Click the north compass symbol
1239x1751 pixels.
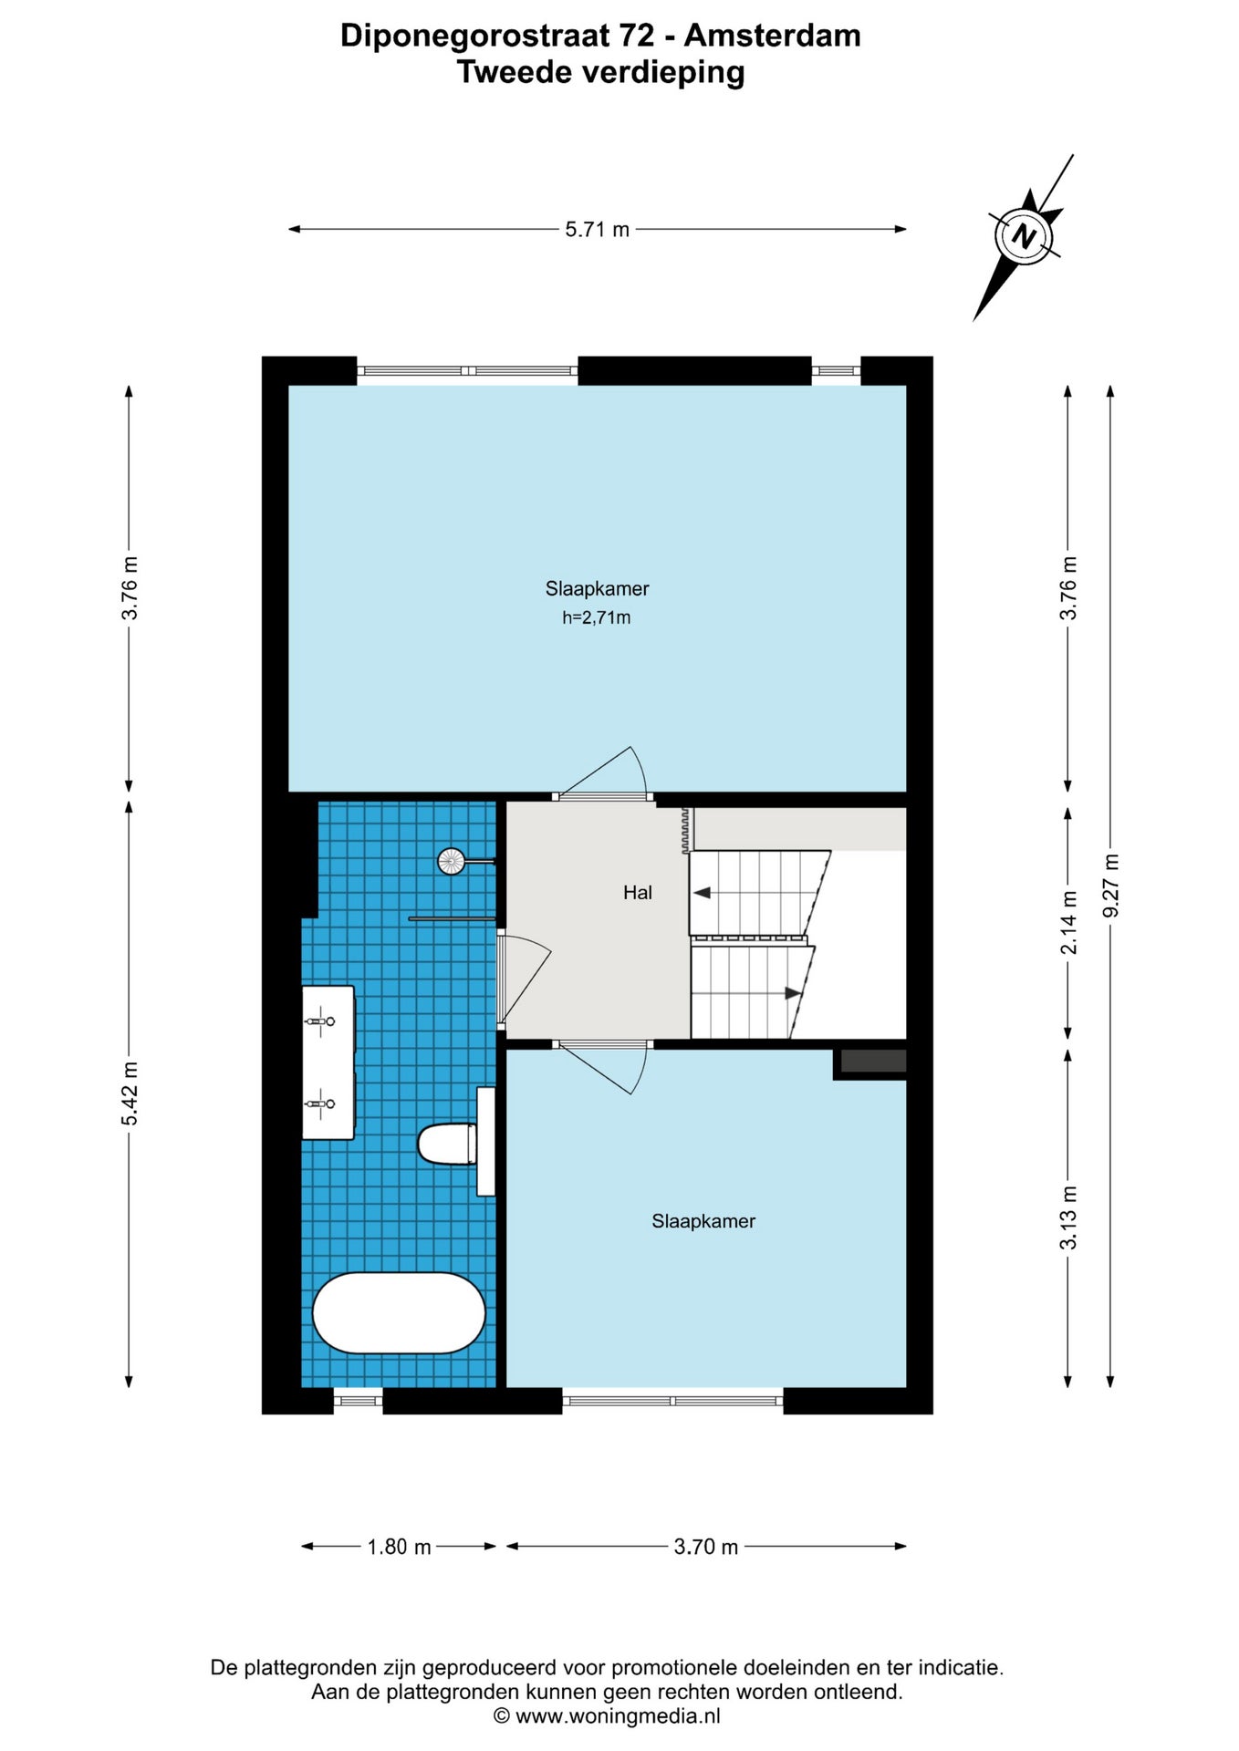coord(1025,236)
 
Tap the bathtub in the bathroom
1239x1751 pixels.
coord(399,1312)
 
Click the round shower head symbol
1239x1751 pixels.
coord(451,860)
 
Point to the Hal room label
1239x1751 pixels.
coord(638,893)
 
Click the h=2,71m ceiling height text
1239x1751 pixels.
coord(597,617)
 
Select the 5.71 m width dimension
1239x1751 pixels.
coord(598,230)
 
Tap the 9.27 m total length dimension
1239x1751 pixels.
coord(1110,886)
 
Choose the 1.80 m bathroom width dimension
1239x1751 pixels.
coord(399,1547)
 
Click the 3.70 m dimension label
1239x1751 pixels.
coord(706,1547)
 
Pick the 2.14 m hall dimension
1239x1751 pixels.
coord(1068,923)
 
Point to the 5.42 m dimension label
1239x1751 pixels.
coord(130,1093)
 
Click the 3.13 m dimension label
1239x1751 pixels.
coord(1068,1217)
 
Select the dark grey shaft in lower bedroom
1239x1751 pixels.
coord(873,1062)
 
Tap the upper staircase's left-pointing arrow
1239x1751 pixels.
coord(702,893)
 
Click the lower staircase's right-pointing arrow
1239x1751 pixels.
coord(793,993)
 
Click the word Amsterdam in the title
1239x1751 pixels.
coord(773,36)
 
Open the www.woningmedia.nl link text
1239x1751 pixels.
coord(618,1716)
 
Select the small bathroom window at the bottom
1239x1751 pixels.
coord(358,1401)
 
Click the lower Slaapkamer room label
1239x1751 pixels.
coord(703,1221)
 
